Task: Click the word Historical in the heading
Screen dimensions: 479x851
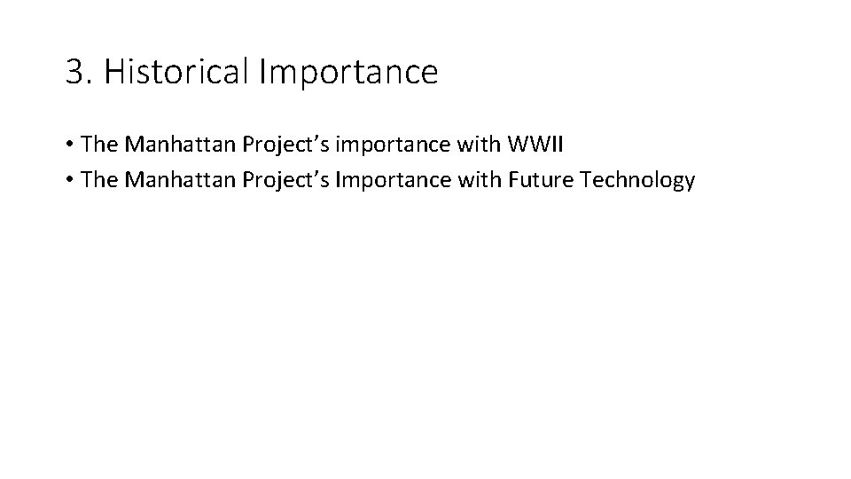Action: [177, 73]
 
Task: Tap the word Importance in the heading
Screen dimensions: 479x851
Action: [348, 73]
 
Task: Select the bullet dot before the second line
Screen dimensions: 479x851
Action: [69, 181]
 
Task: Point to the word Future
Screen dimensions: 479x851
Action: [543, 180]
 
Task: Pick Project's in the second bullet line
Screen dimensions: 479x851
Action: [268, 181]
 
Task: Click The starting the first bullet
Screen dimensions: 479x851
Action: [98, 144]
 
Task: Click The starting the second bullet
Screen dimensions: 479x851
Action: [98, 180]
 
